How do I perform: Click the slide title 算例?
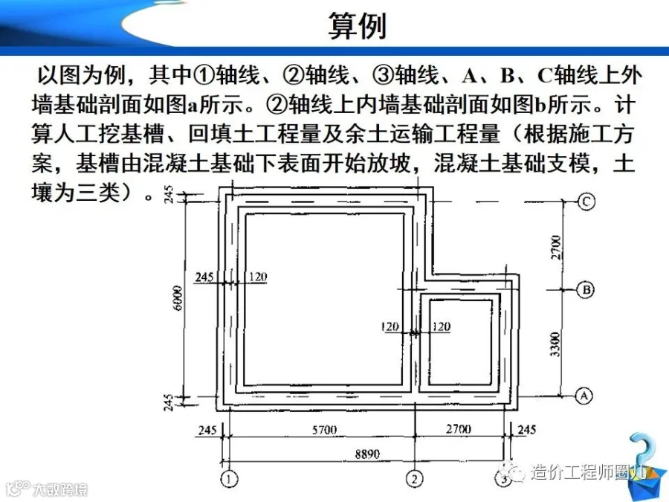(x=358, y=26)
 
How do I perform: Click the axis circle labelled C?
(x=586, y=202)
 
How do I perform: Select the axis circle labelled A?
(x=586, y=396)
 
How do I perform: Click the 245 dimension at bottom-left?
(x=207, y=430)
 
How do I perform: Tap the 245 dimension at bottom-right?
(x=526, y=430)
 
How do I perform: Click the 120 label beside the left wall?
(x=257, y=277)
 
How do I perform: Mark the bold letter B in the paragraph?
(x=508, y=76)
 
